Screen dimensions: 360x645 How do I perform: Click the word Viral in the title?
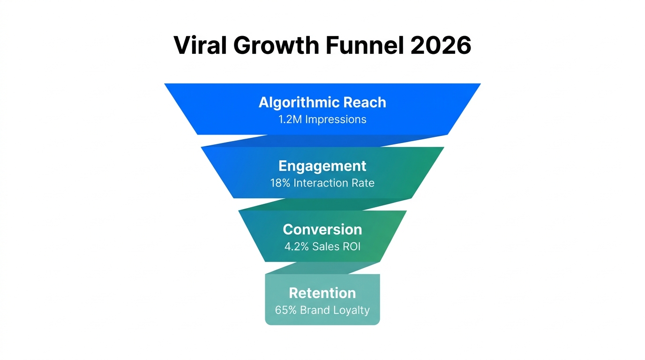coord(198,46)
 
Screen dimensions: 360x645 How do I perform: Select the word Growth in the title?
coord(269,46)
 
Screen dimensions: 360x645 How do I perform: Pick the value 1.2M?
coord(290,119)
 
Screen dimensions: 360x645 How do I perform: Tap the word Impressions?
coord(336,119)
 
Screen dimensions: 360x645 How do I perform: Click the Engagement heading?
coord(322,166)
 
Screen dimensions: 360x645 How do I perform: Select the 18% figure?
coord(280,183)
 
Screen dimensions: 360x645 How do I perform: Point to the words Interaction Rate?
coord(334,183)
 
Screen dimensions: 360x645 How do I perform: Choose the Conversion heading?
coord(322,229)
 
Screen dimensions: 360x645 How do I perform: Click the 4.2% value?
coord(297,246)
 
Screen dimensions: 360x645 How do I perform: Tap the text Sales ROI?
coord(337,246)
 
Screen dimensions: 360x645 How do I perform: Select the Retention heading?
coord(322,293)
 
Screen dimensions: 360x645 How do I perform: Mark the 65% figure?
coord(286,310)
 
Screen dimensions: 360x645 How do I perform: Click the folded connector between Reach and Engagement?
coord(323,141)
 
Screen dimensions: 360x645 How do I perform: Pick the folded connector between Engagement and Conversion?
coord(323,204)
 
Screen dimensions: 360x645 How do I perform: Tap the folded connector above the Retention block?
coord(323,268)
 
